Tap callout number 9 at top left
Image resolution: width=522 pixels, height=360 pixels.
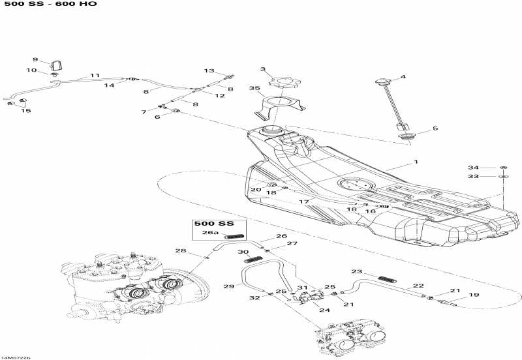[35, 59]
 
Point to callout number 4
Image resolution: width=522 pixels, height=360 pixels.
[403, 77]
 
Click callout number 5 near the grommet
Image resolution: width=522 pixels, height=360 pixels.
[435, 128]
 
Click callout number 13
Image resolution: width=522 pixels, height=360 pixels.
[209, 70]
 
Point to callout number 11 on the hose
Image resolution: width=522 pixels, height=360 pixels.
[95, 76]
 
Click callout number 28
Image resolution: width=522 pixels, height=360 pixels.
[180, 251]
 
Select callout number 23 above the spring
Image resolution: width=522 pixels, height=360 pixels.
[356, 271]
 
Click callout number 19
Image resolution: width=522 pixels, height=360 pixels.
[474, 295]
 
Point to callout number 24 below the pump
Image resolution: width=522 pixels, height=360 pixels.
[324, 310]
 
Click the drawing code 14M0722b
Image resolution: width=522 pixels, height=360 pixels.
[16, 357]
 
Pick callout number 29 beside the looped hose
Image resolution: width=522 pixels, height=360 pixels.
[228, 286]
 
